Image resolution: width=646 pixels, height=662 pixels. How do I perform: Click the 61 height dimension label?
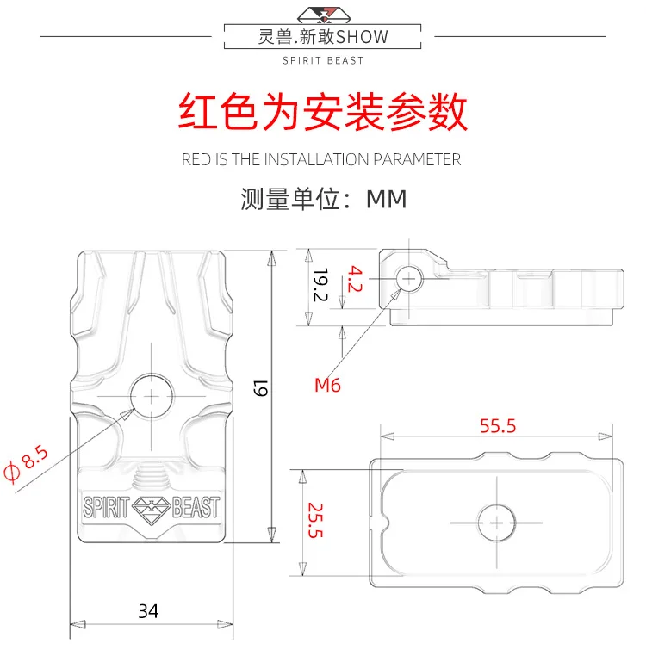(x=261, y=388)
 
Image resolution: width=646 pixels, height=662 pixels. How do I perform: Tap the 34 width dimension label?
(x=148, y=611)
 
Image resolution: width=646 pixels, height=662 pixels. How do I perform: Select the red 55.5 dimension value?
(x=498, y=426)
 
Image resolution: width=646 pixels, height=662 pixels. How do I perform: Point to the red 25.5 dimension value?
(x=315, y=520)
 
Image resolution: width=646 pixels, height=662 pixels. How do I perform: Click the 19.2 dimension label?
(x=320, y=285)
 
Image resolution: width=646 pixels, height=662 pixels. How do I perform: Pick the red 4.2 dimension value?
(x=355, y=279)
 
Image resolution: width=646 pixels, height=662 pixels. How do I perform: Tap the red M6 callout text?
(x=327, y=386)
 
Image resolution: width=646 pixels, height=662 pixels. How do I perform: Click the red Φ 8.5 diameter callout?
(x=25, y=463)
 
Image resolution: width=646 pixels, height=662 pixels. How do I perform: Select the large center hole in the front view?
(x=152, y=396)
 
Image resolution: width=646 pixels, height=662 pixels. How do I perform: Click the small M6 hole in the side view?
(x=409, y=279)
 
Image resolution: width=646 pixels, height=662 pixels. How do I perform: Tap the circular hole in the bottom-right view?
(x=496, y=523)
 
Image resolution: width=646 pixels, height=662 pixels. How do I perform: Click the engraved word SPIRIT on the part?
(x=106, y=507)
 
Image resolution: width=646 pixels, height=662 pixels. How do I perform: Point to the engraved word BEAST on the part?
(x=196, y=507)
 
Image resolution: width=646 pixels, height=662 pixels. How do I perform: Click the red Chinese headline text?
(x=323, y=112)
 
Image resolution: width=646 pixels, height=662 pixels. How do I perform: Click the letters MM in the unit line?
(x=387, y=199)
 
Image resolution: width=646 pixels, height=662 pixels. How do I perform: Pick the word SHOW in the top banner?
(x=363, y=37)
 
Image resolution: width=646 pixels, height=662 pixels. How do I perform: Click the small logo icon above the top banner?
(x=324, y=15)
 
